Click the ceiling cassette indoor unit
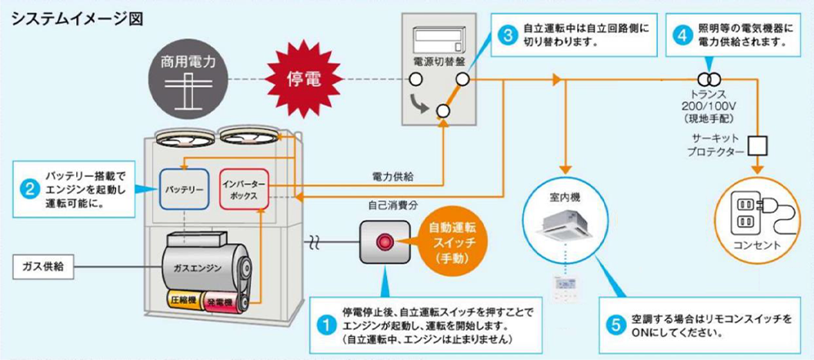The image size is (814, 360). [x=567, y=222]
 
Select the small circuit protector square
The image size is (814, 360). [x=759, y=145]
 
